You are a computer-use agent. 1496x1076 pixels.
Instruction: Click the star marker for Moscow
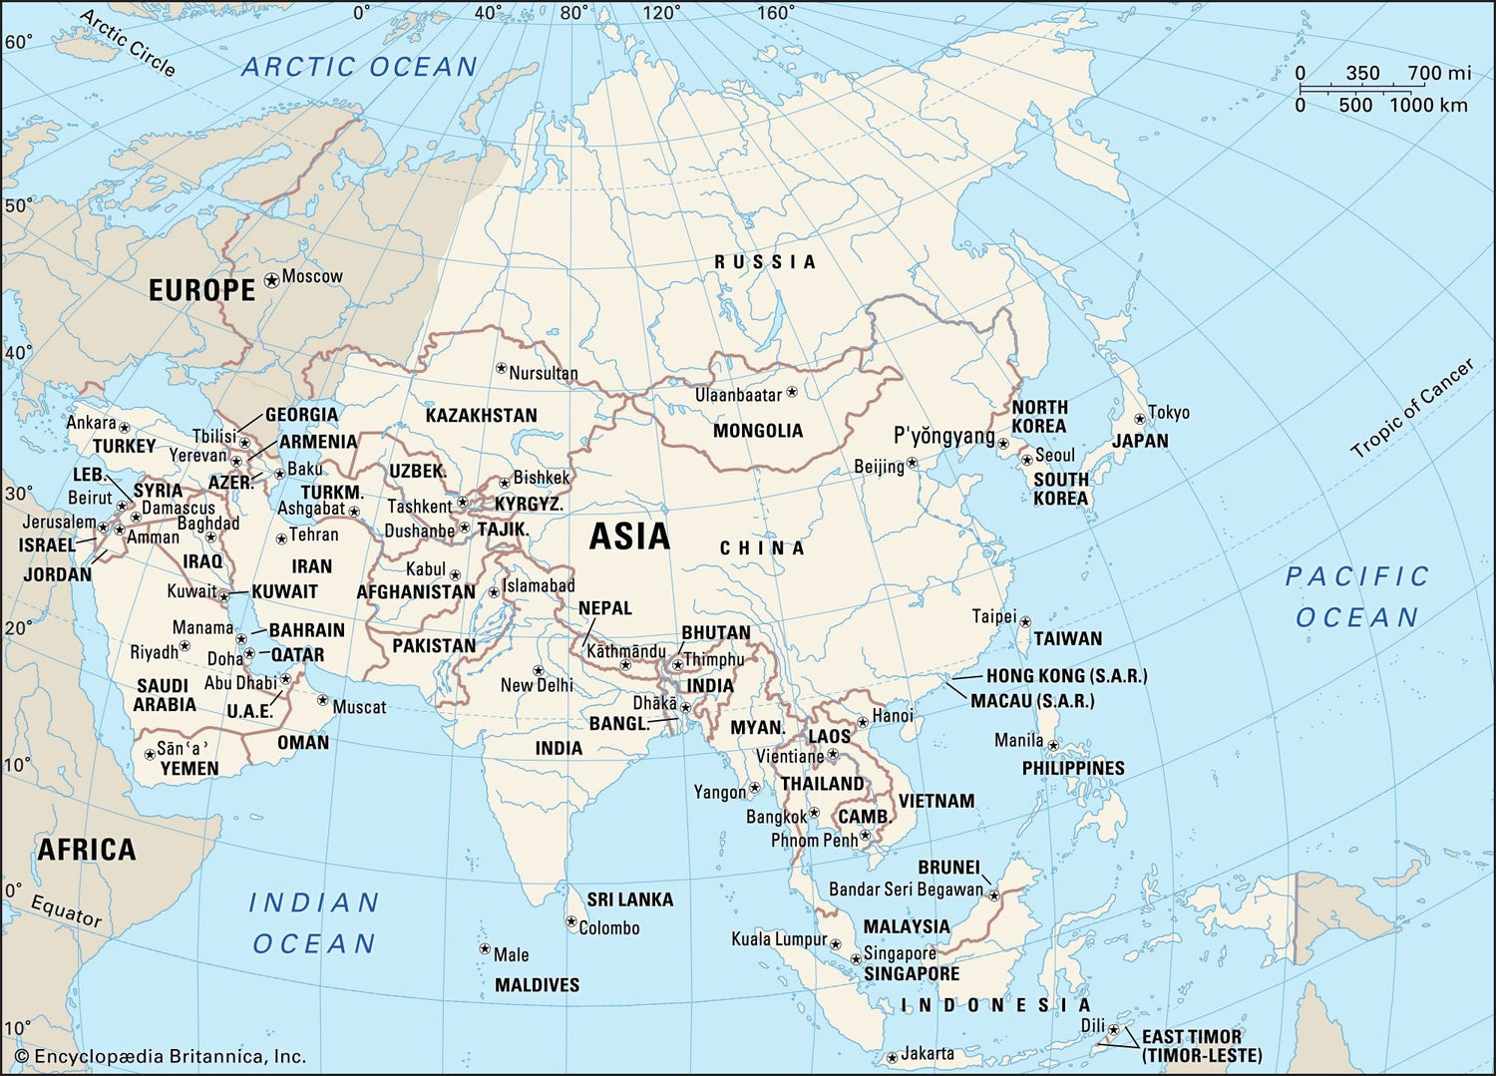271,281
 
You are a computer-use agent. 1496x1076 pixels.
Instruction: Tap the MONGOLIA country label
757,431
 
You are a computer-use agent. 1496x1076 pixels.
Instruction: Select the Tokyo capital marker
1140,419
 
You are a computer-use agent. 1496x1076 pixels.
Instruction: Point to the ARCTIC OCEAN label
360,67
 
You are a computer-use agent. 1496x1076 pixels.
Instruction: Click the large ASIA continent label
629,537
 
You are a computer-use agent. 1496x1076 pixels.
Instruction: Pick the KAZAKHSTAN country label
481,415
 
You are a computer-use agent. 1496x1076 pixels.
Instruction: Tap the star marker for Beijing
912,464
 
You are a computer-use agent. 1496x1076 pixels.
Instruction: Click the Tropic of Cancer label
1411,409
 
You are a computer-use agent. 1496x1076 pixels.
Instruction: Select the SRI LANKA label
629,899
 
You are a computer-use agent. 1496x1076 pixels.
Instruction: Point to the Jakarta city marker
891,1057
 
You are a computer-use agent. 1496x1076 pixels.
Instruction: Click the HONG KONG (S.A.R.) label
1066,676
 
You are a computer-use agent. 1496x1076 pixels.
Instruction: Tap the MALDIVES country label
537,985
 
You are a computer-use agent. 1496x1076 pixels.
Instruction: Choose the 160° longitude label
775,13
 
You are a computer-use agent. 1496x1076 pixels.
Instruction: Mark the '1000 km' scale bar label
1428,106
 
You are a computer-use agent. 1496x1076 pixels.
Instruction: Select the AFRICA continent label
86,850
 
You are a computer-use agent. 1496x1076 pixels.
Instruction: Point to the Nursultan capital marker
501,368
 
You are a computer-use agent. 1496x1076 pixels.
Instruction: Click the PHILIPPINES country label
1072,768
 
